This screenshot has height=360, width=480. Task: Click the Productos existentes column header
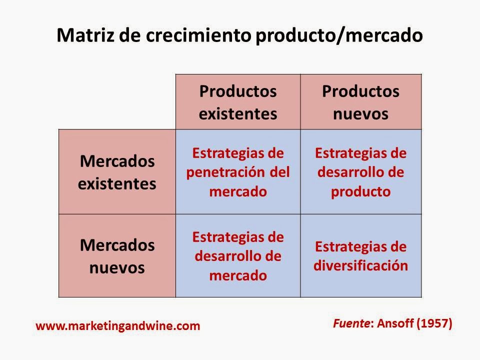click(x=238, y=102)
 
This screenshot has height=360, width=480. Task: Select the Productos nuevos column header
click(x=361, y=102)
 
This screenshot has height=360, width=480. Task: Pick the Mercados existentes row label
click(x=117, y=171)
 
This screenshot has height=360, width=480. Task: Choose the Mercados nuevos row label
click(x=117, y=255)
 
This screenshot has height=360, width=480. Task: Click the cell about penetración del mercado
click(x=238, y=171)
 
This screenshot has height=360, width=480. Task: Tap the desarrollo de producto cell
click(x=361, y=171)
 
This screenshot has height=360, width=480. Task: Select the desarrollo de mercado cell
click(x=238, y=255)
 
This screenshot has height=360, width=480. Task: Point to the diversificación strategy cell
click(x=361, y=255)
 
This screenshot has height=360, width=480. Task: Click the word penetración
click(x=225, y=173)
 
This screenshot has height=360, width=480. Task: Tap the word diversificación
click(x=361, y=265)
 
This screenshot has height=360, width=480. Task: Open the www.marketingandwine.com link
click(x=118, y=325)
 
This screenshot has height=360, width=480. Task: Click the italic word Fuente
click(x=351, y=323)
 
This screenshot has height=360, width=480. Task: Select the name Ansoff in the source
click(x=395, y=323)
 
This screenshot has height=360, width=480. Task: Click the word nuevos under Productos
click(x=361, y=114)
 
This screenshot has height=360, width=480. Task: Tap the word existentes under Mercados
click(x=117, y=183)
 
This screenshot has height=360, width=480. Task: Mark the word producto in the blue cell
click(x=361, y=192)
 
